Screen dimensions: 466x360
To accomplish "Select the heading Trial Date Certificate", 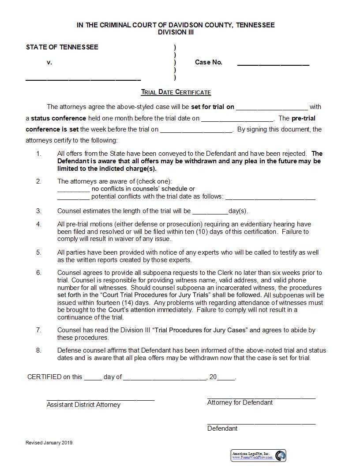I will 176,92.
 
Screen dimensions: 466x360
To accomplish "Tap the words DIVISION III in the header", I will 176,32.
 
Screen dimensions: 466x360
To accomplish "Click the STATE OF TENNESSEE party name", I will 62,47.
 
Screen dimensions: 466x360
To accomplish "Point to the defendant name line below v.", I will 83,79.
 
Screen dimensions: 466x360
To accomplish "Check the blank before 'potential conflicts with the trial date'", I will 73,198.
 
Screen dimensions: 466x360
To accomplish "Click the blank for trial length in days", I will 210,212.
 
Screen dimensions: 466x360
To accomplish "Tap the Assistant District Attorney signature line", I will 101,399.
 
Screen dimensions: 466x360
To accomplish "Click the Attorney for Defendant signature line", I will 261,398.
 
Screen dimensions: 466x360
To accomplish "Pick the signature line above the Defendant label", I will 261,424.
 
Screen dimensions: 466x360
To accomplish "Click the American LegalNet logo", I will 259,455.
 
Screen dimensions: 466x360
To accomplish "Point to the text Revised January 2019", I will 49,443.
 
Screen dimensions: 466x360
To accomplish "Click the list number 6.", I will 39,273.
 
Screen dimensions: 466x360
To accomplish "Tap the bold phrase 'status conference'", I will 58,118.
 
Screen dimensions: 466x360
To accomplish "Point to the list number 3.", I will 39,211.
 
